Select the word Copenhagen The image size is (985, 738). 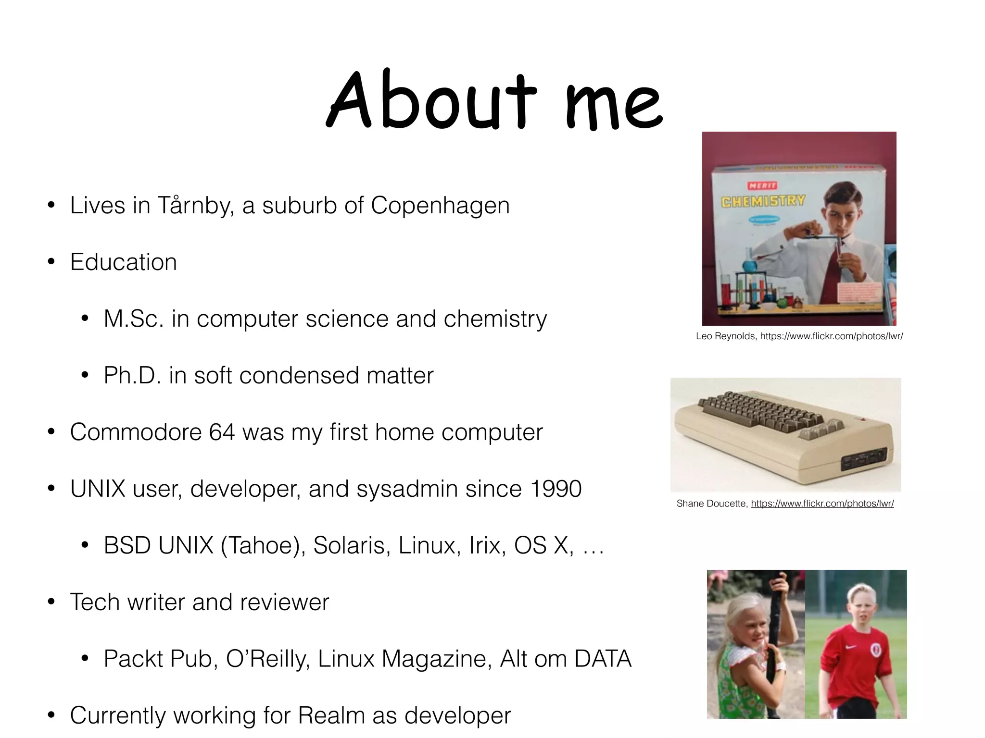pos(440,206)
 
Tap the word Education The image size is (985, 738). pos(124,262)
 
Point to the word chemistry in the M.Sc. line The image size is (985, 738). pos(495,319)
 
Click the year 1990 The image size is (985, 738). pos(556,489)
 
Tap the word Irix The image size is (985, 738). pos(487,546)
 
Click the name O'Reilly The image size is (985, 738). pos(267,659)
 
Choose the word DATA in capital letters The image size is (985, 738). pos(603,659)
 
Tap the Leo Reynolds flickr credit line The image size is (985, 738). pos(799,336)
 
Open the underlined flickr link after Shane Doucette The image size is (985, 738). pos(822,504)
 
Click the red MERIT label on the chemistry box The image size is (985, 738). pos(762,185)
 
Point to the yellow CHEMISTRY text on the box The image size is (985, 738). pos(763,201)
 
